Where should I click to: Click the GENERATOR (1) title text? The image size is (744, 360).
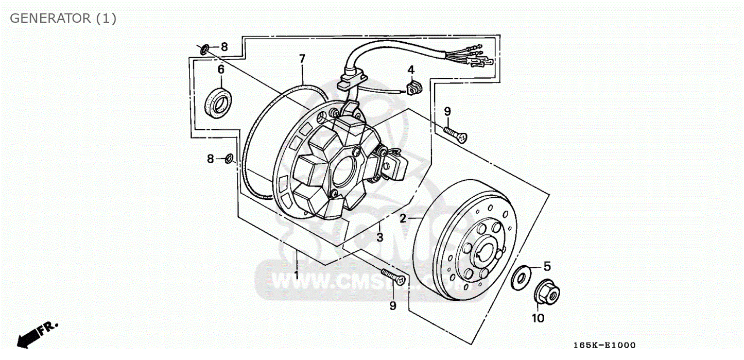pos(63,19)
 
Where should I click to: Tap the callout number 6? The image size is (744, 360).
pos(221,69)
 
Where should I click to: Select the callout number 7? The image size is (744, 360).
pos(302,58)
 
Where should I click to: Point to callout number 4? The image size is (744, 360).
pos(411,70)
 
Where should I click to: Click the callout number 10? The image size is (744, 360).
pos(538,319)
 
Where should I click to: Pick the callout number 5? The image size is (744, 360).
pos(547,266)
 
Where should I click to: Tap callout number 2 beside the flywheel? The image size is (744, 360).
pos(403,218)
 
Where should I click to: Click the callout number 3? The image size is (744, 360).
pos(379,237)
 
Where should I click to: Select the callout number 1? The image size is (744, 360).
pos(297,275)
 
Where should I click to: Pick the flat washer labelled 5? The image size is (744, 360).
pos(522,278)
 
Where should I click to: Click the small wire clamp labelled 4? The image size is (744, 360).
pos(413,88)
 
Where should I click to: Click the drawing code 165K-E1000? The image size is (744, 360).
pos(604,345)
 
